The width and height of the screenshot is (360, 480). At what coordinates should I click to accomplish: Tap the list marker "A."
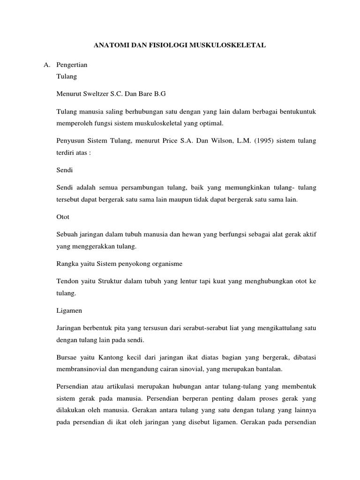[43, 65]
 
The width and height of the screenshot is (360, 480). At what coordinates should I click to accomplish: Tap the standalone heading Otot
[63, 217]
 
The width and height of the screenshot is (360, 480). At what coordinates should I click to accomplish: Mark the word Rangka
[67, 263]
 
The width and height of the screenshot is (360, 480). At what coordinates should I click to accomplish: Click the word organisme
[165, 263]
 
